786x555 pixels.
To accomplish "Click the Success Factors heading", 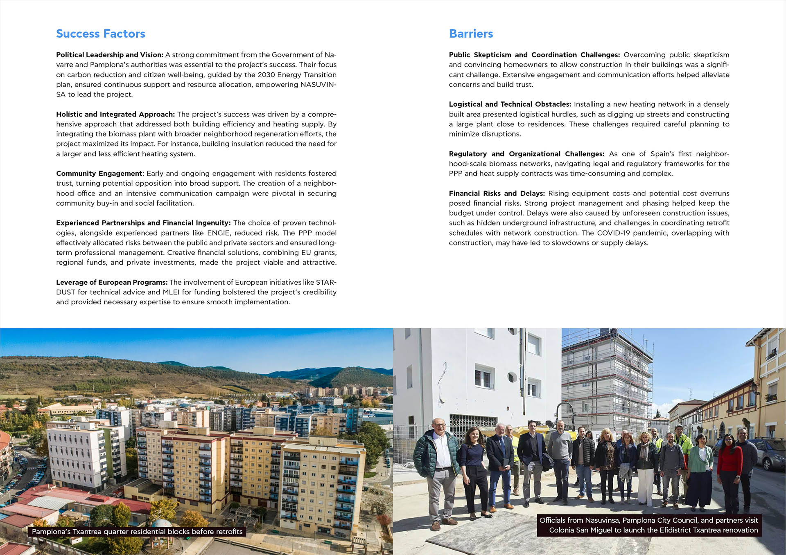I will coord(101,34).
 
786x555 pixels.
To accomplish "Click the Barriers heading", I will coord(471,34).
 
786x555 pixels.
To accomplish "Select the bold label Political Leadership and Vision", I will coord(110,55).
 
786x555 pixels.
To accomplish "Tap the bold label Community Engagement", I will coord(99,173).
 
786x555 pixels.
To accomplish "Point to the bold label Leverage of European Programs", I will coord(112,282).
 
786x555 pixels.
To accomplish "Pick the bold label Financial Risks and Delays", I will coord(497,193).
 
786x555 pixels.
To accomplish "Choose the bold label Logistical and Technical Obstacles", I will coord(510,104).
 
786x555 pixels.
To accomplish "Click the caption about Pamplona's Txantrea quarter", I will coord(137,532).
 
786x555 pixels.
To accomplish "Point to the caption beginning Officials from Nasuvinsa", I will coord(649,525).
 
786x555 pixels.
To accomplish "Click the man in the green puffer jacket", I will coord(436,462).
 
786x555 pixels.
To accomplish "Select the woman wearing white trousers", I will coord(646,470).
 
